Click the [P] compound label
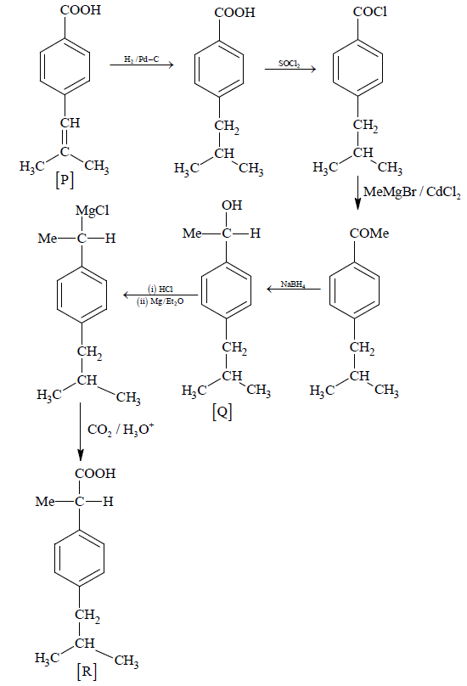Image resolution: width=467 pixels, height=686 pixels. click(x=65, y=179)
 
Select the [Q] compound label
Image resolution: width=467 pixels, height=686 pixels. click(x=222, y=411)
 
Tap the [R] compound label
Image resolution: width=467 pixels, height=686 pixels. click(x=87, y=671)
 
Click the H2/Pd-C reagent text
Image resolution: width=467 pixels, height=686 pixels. click(x=141, y=59)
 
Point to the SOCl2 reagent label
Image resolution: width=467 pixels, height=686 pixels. click(x=290, y=64)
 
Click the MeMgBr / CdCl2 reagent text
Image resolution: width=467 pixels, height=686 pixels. click(x=412, y=192)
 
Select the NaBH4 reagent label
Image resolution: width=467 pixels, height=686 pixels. click(x=293, y=284)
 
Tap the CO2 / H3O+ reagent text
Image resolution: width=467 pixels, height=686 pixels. click(x=121, y=430)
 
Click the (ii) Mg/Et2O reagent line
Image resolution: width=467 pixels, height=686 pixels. click(x=160, y=301)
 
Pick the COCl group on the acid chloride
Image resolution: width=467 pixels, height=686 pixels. click(x=370, y=12)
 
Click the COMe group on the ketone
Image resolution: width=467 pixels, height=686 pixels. click(x=369, y=233)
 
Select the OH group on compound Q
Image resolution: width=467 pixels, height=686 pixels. click(x=232, y=205)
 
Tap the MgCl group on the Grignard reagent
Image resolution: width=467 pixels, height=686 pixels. click(x=93, y=211)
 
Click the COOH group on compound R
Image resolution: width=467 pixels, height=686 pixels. click(x=95, y=474)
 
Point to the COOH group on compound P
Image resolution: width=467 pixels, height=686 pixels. click(x=81, y=10)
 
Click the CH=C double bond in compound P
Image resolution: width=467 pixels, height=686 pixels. click(x=65, y=138)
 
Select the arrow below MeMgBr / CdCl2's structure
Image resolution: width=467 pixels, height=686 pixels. click(x=357, y=193)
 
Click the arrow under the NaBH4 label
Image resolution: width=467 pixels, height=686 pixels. click(x=294, y=289)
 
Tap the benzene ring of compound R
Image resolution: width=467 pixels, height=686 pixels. click(x=79, y=558)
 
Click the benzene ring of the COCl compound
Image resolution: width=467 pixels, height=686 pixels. click(x=357, y=68)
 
